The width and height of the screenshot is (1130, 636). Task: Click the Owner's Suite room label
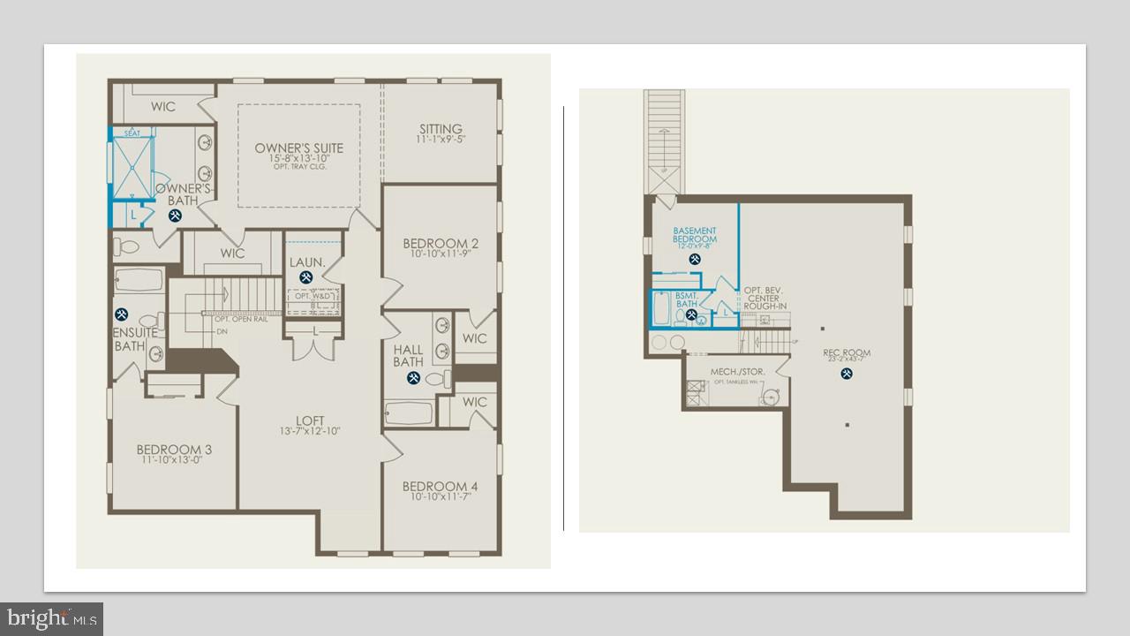pos(298,148)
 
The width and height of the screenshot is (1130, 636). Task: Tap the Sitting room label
pos(441,130)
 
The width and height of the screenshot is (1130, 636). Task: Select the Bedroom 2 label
pos(441,244)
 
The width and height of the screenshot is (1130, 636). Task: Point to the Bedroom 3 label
pos(174,450)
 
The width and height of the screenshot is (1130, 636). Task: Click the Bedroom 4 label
pos(440,487)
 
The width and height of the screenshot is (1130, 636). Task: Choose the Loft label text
pos(310,421)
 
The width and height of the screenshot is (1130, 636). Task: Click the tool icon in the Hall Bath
pos(413,378)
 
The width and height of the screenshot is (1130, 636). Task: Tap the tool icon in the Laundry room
pos(306,277)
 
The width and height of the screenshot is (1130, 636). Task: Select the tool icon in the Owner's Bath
pos(176,214)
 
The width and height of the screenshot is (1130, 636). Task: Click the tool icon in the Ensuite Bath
pos(121,314)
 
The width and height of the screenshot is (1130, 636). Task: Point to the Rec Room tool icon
pos(847,374)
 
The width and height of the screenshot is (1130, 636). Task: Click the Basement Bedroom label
pos(695,235)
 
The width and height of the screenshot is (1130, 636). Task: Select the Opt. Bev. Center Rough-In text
pos(765,298)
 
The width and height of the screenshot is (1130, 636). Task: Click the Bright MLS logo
pos(51,617)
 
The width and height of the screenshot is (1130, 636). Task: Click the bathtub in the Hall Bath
pos(409,413)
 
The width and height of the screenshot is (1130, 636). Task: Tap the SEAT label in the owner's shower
pos(132,133)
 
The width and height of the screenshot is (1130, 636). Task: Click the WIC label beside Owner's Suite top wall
pos(162,107)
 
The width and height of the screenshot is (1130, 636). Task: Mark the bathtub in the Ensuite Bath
pos(139,281)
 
